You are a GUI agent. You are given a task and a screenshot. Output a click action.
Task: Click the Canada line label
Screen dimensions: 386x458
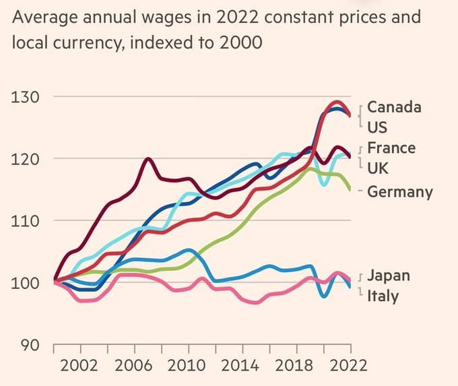[x=394, y=107]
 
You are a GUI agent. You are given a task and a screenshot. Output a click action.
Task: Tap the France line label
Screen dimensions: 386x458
[x=391, y=148]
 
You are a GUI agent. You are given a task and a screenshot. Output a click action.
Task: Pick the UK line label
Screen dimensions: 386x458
[x=378, y=168]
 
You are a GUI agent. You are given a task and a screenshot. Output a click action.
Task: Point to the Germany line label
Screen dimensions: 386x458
[x=400, y=192]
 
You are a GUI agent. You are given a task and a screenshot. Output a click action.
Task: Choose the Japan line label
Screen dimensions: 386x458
[x=389, y=276]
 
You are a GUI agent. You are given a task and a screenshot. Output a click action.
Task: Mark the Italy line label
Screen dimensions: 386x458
[x=383, y=296]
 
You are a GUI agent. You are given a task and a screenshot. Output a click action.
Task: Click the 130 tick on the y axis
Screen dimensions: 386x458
[x=25, y=96]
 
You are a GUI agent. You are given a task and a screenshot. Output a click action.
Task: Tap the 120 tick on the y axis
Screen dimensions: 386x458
[x=25, y=159]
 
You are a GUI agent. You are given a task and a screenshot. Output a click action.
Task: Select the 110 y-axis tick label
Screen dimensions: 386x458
[x=25, y=221]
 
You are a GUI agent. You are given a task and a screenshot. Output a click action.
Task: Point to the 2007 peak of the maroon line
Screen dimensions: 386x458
[x=148, y=159]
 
